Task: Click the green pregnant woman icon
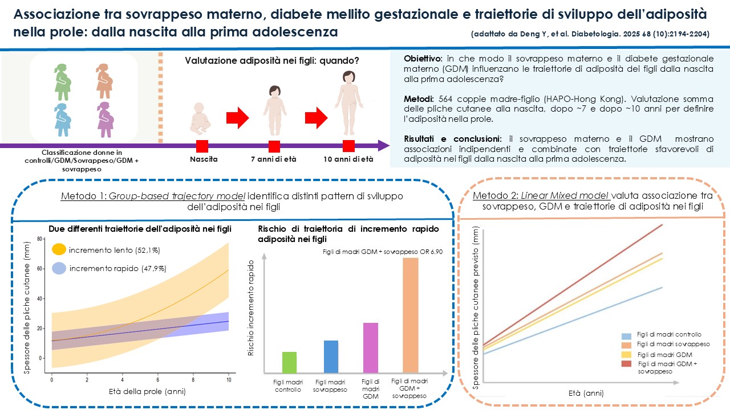pyautogui.click(x=63, y=82)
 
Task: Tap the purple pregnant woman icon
pyautogui.click(x=106, y=120)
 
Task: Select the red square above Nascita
pyautogui.click(x=202, y=146)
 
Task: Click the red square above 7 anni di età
pyautogui.click(x=274, y=146)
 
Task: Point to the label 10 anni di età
pyautogui.click(x=348, y=159)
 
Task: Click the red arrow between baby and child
pyautogui.click(x=238, y=118)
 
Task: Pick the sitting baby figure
pyautogui.click(x=200, y=119)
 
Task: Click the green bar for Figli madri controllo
pyautogui.click(x=289, y=362)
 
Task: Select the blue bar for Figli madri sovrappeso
pyautogui.click(x=331, y=356)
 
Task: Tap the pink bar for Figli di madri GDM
pyautogui.click(x=371, y=348)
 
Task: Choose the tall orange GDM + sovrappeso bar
pyautogui.click(x=410, y=315)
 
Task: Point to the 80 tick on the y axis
pyautogui.click(x=39, y=239)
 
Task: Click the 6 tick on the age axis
pyautogui.click(x=158, y=380)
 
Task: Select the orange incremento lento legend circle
pyautogui.click(x=59, y=249)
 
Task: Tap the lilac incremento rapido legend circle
pyautogui.click(x=59, y=268)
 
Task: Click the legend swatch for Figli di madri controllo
pyautogui.click(x=626, y=336)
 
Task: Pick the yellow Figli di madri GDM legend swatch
pyautogui.click(x=626, y=355)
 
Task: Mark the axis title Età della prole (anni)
pyautogui.click(x=147, y=391)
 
